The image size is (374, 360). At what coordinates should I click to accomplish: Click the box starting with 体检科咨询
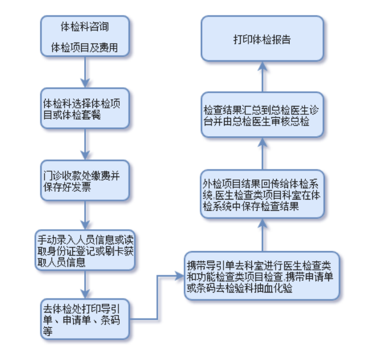85,36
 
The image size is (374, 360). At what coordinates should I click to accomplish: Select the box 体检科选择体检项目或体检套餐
85,108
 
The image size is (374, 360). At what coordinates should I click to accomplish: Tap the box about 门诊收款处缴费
85,181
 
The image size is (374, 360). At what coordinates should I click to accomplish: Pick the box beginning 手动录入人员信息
85,250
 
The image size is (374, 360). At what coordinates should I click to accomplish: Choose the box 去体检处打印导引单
85,319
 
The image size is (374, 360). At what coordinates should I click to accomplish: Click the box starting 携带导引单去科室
262,276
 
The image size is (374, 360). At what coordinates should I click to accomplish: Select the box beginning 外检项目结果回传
263,194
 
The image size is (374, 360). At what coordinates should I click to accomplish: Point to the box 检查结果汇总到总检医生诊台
263,115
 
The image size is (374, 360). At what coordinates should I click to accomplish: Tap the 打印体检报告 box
263,38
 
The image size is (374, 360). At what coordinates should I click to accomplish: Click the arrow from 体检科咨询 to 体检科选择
85,72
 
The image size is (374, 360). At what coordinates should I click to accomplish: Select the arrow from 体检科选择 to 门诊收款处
85,144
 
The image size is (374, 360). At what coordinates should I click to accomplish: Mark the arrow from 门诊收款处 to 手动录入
85,215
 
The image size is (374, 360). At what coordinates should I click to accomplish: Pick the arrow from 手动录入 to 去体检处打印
85,284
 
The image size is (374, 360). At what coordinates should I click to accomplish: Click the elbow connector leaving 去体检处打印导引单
157,297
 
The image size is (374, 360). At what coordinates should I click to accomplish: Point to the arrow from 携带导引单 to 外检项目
263,235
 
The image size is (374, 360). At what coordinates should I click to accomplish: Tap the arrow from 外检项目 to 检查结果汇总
263,154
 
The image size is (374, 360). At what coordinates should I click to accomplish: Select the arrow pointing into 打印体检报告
263,77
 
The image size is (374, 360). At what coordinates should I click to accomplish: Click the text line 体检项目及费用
85,47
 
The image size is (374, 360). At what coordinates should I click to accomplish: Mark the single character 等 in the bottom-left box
47,331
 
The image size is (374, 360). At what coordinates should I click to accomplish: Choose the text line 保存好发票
67,187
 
